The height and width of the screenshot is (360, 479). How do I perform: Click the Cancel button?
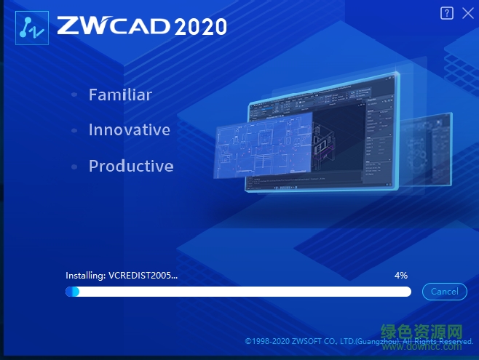[x=444, y=292]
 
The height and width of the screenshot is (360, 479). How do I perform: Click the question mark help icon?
[x=447, y=13]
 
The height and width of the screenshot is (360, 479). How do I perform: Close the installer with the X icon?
[x=467, y=13]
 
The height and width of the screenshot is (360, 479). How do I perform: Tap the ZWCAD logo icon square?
[x=32, y=27]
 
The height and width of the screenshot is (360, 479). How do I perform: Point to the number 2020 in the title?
[x=200, y=27]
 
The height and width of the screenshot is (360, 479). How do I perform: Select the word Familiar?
[x=120, y=95]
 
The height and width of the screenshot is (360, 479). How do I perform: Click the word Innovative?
[x=129, y=130]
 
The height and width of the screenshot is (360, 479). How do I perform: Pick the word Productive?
[x=131, y=166]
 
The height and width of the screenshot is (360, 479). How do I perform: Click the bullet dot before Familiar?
[x=74, y=95]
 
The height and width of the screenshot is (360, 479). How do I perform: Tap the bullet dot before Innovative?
[x=74, y=131]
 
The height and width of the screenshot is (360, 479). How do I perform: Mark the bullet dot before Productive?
[x=74, y=167]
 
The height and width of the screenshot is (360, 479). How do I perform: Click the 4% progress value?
[x=400, y=276]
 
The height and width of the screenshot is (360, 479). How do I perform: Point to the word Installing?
[x=85, y=276]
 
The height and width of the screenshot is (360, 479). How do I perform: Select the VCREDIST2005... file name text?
[x=143, y=276]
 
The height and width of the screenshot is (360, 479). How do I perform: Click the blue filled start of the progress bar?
[x=72, y=292]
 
